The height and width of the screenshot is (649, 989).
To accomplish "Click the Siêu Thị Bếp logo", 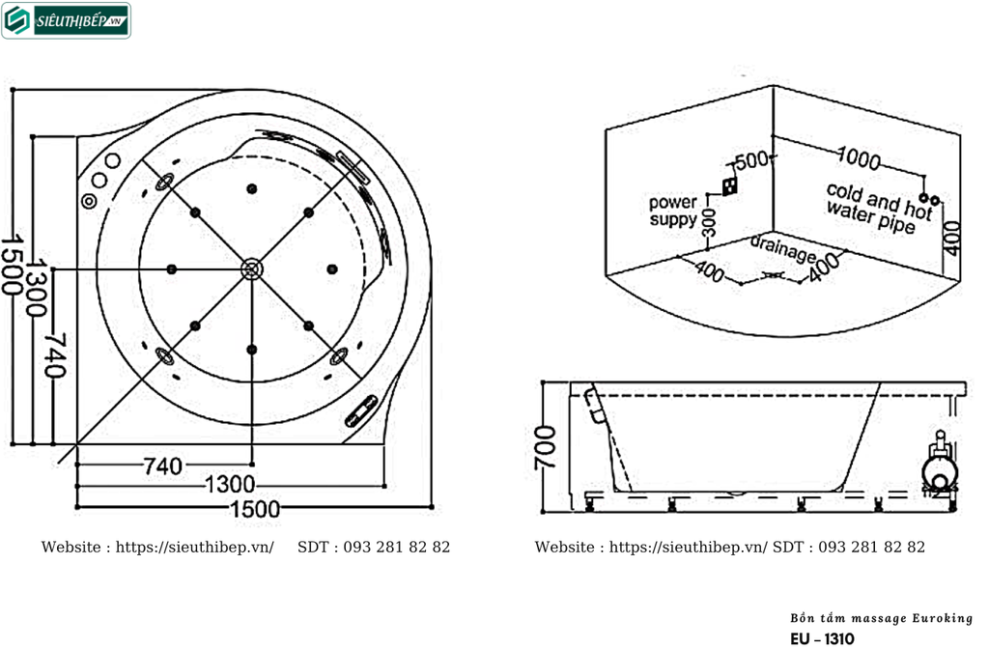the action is click(67, 21).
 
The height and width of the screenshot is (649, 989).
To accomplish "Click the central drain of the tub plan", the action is click(252, 269).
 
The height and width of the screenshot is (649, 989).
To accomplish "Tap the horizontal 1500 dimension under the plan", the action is click(255, 508).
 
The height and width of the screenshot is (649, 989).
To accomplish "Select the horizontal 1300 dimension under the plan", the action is click(230, 485).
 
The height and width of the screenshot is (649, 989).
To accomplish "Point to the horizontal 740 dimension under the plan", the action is click(162, 466).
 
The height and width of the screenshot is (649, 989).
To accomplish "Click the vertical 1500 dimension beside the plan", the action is click(11, 265).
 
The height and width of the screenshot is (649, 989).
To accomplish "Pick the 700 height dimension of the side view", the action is click(546, 448).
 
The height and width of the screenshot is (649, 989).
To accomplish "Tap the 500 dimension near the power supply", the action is click(751, 160).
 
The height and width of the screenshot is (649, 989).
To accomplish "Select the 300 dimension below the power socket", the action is click(709, 223).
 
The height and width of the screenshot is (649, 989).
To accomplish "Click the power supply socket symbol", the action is click(730, 185).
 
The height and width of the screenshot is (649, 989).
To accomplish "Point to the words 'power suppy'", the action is click(673, 211).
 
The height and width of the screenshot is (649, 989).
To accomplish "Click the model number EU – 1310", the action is click(822, 639).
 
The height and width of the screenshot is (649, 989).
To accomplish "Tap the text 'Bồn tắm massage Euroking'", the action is click(881, 618).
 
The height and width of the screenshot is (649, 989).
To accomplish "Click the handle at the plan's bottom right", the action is click(361, 411).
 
